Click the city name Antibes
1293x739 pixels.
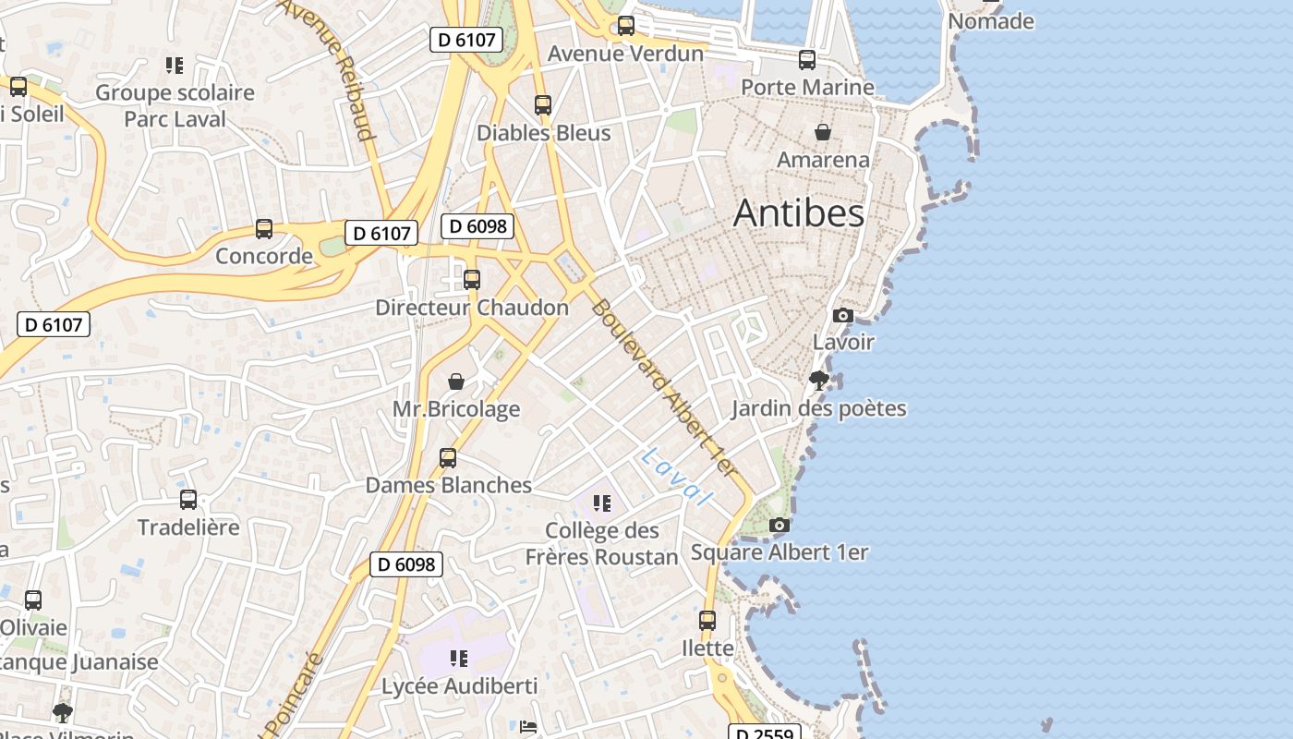[x=799, y=213]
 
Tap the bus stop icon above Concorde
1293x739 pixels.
[x=264, y=229]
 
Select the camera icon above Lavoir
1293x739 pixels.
[x=842, y=316]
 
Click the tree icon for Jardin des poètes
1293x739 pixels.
[x=818, y=380]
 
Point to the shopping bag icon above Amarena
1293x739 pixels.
[x=823, y=132]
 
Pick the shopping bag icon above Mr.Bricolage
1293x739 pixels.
[x=456, y=382]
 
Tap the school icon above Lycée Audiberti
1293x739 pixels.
[x=459, y=659]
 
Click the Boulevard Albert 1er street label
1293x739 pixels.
[x=664, y=388]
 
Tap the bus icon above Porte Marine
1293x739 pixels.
[x=807, y=60]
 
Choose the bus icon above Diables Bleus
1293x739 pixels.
[x=543, y=105]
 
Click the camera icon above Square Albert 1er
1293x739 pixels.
[x=779, y=526]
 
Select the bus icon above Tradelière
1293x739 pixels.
[x=188, y=500]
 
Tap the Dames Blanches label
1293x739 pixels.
[x=449, y=485]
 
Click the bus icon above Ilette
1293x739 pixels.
[x=707, y=621]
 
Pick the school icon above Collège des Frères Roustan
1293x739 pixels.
[x=602, y=503]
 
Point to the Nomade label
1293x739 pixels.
[x=991, y=21]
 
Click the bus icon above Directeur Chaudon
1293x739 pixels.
[x=472, y=279]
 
